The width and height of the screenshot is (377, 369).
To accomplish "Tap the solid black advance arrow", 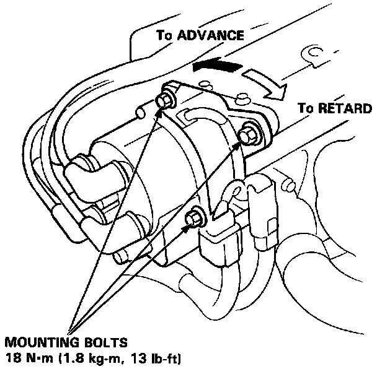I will pyautogui.click(x=216, y=64).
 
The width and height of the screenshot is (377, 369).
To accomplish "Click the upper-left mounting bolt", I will pyautogui.click(x=166, y=98).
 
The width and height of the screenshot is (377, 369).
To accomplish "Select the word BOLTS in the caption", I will pyautogui.click(x=109, y=341).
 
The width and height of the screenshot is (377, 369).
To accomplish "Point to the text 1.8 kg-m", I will pyautogui.click(x=91, y=358).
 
